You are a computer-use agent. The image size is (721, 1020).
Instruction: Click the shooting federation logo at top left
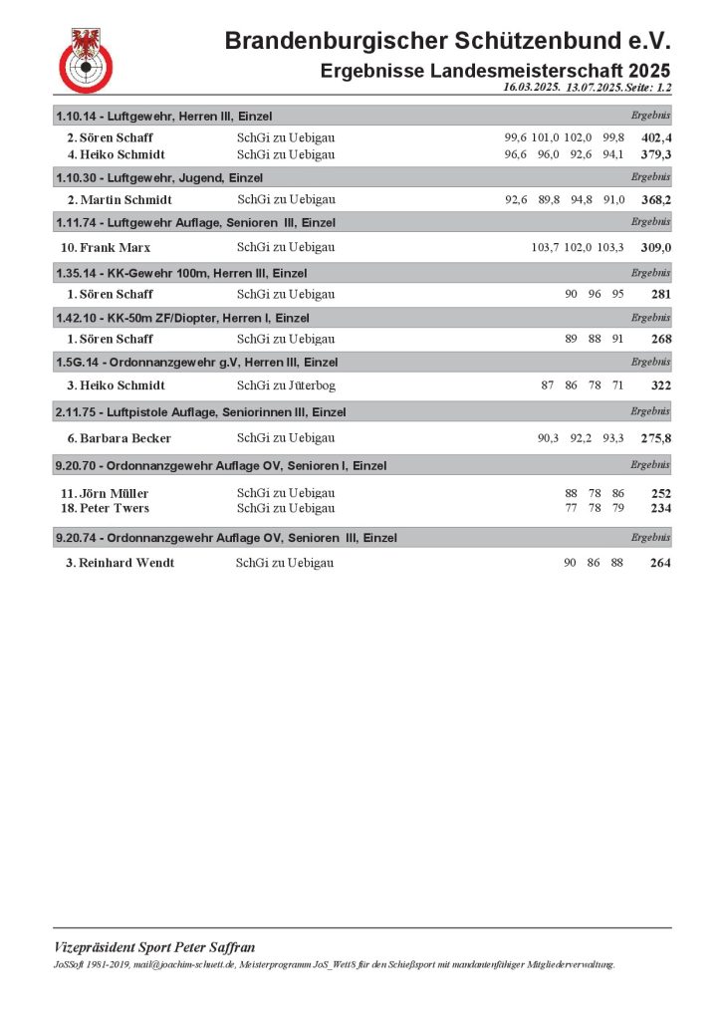[87, 60]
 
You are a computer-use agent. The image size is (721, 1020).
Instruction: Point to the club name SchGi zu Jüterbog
[286, 385]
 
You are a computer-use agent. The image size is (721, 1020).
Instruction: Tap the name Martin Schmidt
[119, 200]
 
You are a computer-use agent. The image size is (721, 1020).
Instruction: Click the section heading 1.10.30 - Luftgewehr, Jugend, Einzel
[159, 177]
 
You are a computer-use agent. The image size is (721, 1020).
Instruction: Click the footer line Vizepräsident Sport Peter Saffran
[154, 947]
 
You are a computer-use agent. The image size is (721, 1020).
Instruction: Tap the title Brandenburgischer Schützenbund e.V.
[447, 41]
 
